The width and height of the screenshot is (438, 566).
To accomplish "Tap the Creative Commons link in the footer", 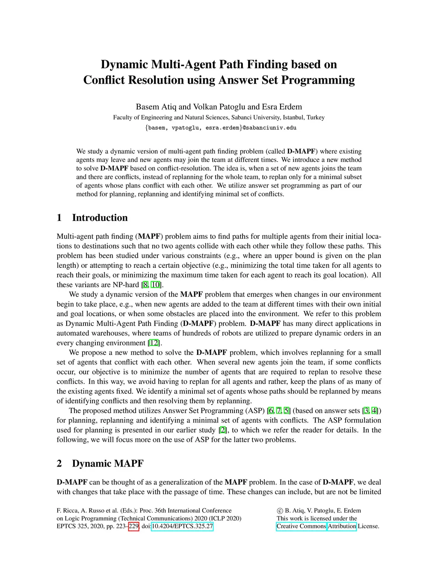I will coord(301,526).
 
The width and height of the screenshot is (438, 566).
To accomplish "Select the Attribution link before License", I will coord(342,526).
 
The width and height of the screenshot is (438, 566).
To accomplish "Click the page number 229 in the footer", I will coord(134,526).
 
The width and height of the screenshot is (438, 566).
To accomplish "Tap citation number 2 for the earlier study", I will coord(223,430).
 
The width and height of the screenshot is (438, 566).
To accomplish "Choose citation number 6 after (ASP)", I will coord(271,411).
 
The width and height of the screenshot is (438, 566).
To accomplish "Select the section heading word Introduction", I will coord(100,218).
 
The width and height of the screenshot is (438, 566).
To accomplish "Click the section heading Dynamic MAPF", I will coord(107,463).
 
